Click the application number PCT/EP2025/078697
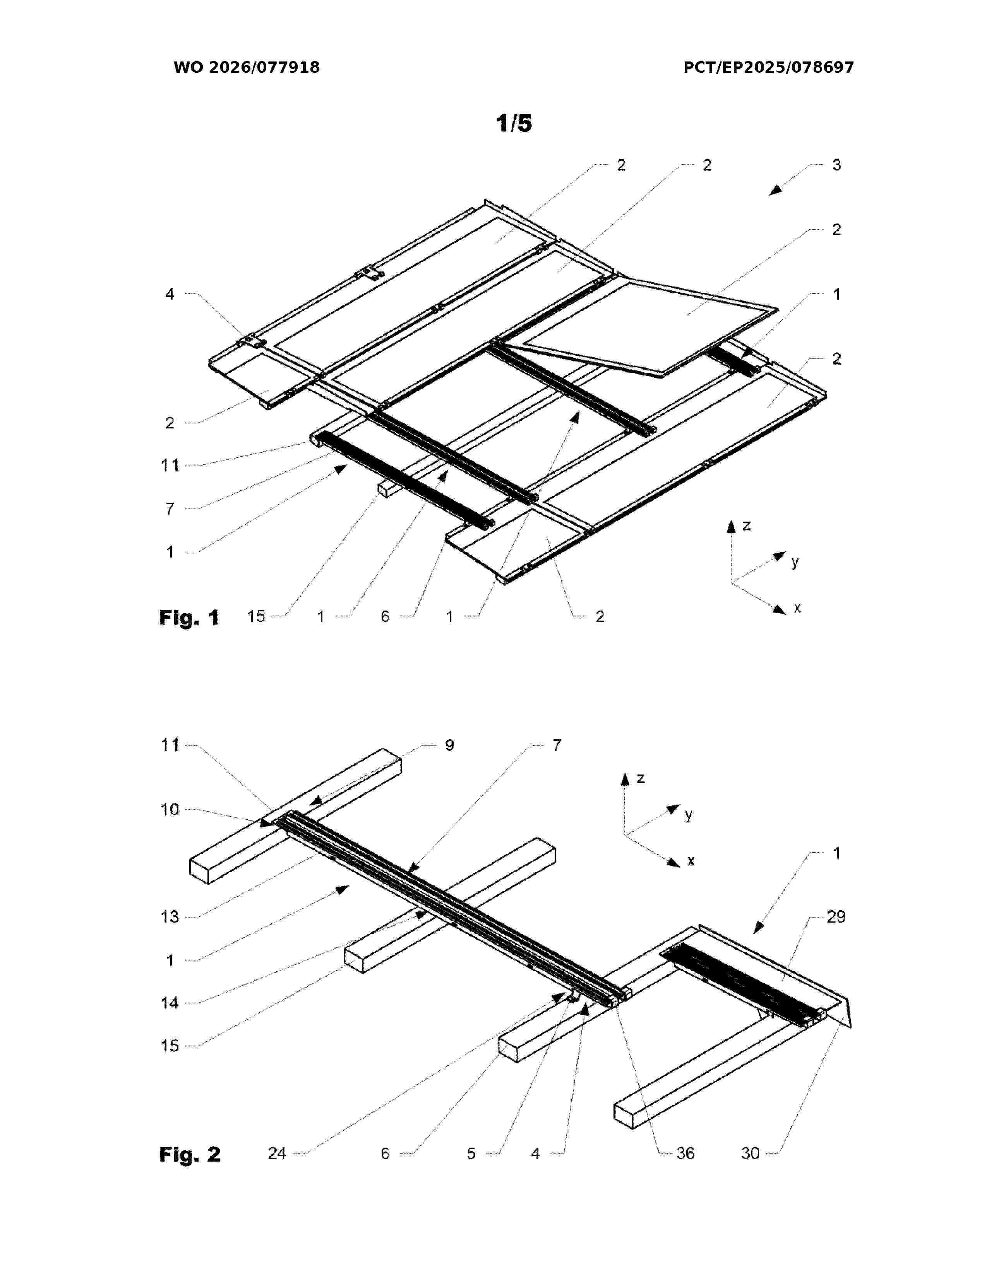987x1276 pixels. coord(768,67)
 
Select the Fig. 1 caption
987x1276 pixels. coord(189,618)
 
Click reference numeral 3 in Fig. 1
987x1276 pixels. coord(836,165)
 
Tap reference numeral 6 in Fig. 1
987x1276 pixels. coord(385,616)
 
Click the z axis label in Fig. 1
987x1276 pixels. coord(747,525)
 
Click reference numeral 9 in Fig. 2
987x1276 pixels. coord(449,745)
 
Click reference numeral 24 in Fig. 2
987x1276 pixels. coord(277,1153)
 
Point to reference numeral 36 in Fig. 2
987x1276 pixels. coord(685,1153)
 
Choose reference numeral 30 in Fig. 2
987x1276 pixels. coord(750,1153)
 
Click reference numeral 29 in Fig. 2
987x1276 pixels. coord(836,917)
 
